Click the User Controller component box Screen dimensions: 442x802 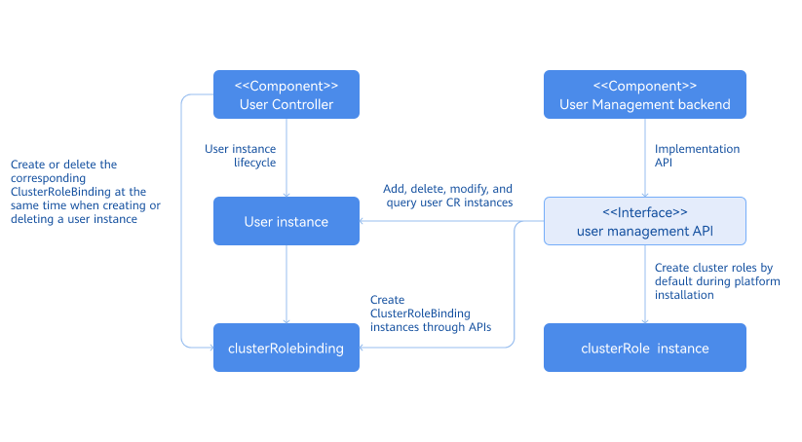click(286, 94)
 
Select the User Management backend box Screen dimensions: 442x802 click(644, 94)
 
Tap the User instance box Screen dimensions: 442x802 click(286, 222)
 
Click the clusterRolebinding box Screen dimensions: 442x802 click(286, 348)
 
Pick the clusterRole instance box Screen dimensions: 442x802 click(644, 348)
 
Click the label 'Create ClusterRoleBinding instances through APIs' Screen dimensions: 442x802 click(430, 313)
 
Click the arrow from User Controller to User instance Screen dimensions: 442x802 click(286, 170)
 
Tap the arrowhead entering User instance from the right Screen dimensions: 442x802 click(364, 221)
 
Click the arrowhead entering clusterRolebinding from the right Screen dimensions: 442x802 click(364, 348)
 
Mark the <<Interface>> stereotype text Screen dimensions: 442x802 click(644, 212)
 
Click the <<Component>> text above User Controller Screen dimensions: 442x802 click(286, 86)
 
